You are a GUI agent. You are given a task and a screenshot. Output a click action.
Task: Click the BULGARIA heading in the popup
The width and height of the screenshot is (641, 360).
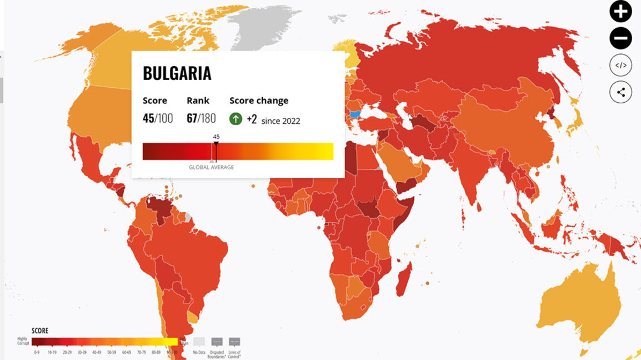[177, 73]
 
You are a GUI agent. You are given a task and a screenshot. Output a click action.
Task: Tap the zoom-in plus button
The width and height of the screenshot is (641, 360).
[620, 12]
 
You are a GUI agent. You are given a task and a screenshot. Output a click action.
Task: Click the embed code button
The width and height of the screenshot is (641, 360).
[620, 66]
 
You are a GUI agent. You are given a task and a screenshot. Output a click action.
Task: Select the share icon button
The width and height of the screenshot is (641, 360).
[620, 92]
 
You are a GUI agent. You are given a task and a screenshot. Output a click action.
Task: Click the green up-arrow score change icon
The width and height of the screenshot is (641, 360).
[236, 118]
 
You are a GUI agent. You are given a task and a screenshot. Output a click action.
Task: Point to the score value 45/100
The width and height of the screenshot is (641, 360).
[157, 118]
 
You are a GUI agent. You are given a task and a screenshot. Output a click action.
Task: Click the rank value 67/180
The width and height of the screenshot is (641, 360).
[201, 118]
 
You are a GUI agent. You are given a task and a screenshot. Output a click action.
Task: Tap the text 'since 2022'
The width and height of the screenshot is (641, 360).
[281, 121]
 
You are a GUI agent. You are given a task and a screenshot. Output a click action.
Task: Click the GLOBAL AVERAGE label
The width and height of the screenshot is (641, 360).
[211, 167]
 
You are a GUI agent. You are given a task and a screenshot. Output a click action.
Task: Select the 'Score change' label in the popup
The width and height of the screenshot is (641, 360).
[259, 101]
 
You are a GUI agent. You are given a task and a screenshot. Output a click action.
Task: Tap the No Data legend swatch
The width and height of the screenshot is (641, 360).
[199, 342]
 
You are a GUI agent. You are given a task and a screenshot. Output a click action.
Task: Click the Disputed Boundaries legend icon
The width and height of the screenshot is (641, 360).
[217, 342]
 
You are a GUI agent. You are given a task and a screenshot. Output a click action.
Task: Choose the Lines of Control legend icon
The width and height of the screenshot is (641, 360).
[234, 342]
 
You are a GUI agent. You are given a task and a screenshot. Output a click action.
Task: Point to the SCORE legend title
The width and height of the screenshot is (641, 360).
[40, 331]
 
